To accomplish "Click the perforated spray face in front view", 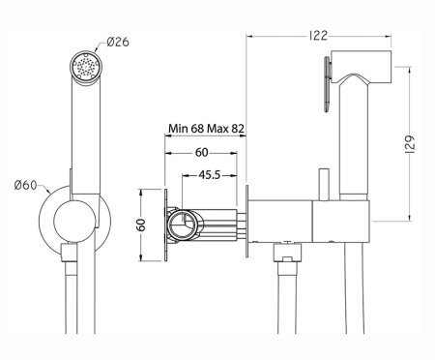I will tap(85, 67).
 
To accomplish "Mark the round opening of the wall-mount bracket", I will tap(183, 229).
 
